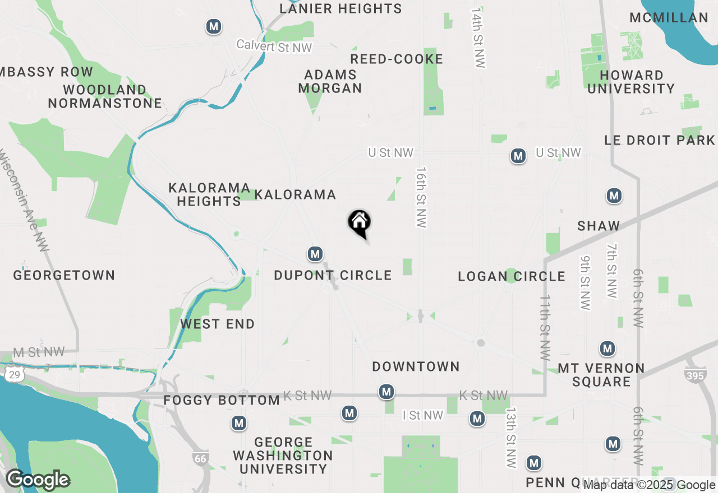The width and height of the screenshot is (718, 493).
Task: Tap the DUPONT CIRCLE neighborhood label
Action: (333, 275)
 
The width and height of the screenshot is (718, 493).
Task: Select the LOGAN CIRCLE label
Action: (512, 276)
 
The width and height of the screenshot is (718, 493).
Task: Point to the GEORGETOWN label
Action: (64, 275)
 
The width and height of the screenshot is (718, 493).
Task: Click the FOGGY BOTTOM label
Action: (222, 400)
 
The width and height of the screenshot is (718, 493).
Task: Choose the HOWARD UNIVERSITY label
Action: (631, 82)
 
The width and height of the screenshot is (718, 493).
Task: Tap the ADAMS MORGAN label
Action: (330, 81)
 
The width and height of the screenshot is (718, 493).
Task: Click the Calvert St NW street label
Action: (274, 46)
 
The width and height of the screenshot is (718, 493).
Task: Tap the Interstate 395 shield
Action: (695, 375)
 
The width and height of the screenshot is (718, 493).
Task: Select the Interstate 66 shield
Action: (200, 459)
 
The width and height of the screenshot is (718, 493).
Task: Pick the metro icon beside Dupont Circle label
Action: (315, 254)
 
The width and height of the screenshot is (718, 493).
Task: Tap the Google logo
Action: (38, 480)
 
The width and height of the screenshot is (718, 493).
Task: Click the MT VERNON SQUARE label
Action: (601, 375)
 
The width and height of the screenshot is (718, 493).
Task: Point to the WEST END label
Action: (218, 324)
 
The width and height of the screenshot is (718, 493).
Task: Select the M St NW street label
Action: (39, 352)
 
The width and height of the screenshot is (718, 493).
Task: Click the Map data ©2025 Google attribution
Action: (649, 485)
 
